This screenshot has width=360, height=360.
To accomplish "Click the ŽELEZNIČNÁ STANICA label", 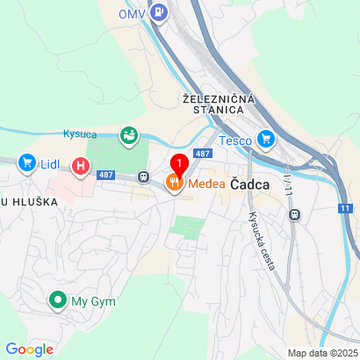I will [219, 103].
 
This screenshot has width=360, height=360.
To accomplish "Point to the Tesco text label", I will [236, 140].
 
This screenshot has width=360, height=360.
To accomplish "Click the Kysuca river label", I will [80, 133].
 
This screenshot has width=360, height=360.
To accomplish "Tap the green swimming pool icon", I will [129, 134].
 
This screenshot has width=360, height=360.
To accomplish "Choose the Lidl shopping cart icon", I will [25, 162].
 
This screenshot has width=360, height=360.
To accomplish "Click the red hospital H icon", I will [82, 164].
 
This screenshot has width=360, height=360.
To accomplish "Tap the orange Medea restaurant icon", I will [173, 183].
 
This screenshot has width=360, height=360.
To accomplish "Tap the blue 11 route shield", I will [345, 208].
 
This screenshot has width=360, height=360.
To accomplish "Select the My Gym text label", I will [91, 301].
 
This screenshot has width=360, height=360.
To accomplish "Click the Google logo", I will [30, 349].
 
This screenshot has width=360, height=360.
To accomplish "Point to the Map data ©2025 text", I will [321, 353].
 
